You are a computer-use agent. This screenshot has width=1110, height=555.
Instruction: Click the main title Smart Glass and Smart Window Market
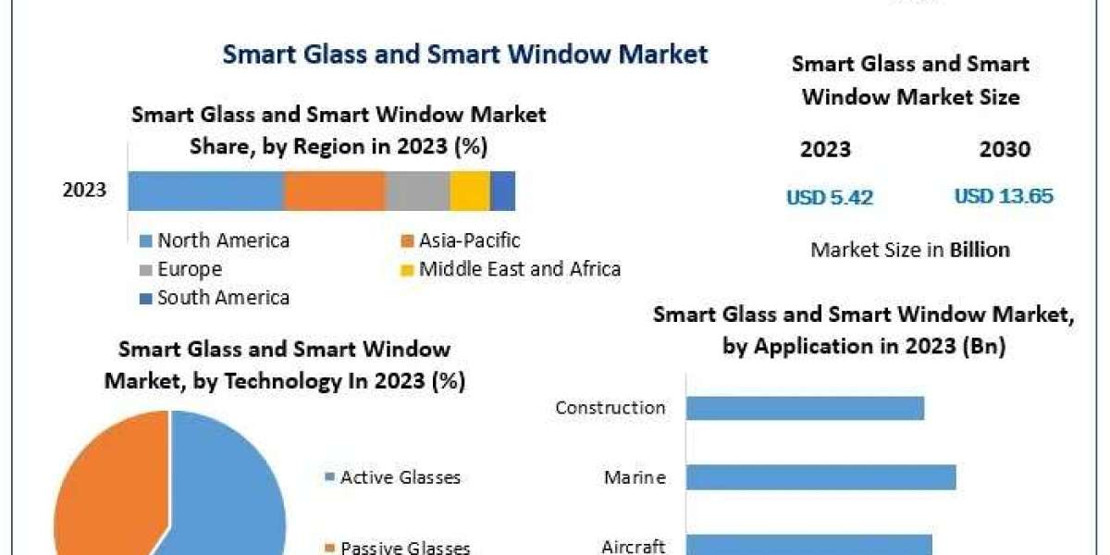pyautogui.click(x=465, y=54)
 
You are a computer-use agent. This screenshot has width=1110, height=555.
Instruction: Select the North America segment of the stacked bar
pyautogui.click(x=205, y=191)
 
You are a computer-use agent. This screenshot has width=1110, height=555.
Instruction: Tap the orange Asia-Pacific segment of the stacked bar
pyautogui.click(x=334, y=191)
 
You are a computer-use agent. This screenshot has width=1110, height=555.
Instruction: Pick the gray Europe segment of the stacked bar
pyautogui.click(x=417, y=191)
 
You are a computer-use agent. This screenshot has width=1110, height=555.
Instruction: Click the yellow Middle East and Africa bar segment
pyautogui.click(x=470, y=191)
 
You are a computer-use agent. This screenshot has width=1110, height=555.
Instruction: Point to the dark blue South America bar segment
pyautogui.click(x=502, y=191)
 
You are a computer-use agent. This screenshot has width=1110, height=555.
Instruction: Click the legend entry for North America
pyautogui.click(x=222, y=241)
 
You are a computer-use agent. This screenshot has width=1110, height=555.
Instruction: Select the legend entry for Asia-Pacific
pyautogui.click(x=468, y=241)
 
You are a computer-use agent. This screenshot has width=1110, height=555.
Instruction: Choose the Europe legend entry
pyautogui.click(x=189, y=270)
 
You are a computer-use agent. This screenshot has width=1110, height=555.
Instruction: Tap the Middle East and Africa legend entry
pyautogui.click(x=518, y=269)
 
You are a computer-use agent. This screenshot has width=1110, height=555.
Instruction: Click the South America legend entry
pyautogui.click(x=222, y=298)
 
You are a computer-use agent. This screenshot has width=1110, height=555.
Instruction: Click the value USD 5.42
pyautogui.click(x=830, y=197)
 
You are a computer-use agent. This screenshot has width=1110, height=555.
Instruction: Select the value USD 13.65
pyautogui.click(x=1004, y=196)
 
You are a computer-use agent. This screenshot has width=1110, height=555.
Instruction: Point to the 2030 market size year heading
pyautogui.click(x=1004, y=150)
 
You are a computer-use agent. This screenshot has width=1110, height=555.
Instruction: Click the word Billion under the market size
pyautogui.click(x=980, y=250)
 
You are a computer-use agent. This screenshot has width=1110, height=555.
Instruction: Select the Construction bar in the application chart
pyautogui.click(x=805, y=408)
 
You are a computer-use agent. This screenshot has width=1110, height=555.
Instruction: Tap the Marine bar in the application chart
pyautogui.click(x=820, y=477)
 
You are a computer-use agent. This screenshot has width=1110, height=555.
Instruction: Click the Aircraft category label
pyautogui.click(x=633, y=546)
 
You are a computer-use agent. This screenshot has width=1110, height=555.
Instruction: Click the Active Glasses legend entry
pyautogui.click(x=399, y=477)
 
